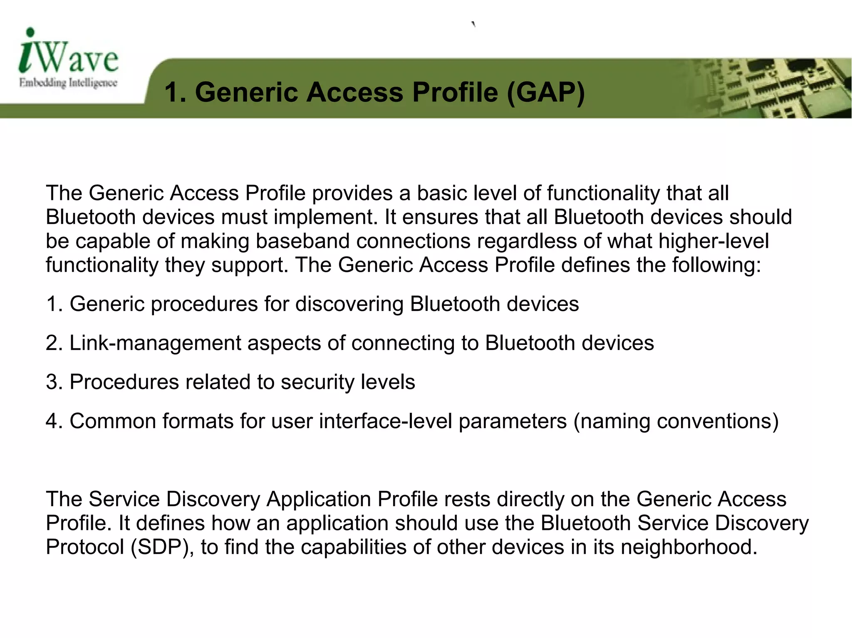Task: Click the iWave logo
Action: click(x=69, y=52)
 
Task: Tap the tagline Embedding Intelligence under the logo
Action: click(x=68, y=83)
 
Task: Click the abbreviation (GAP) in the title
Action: click(x=546, y=92)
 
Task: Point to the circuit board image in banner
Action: click(x=770, y=88)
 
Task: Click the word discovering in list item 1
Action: click(x=349, y=304)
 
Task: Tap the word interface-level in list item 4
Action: click(x=386, y=421)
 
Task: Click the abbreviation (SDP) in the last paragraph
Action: click(x=162, y=547)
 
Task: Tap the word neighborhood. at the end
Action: click(x=689, y=547)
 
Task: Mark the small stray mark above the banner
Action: click(x=473, y=24)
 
